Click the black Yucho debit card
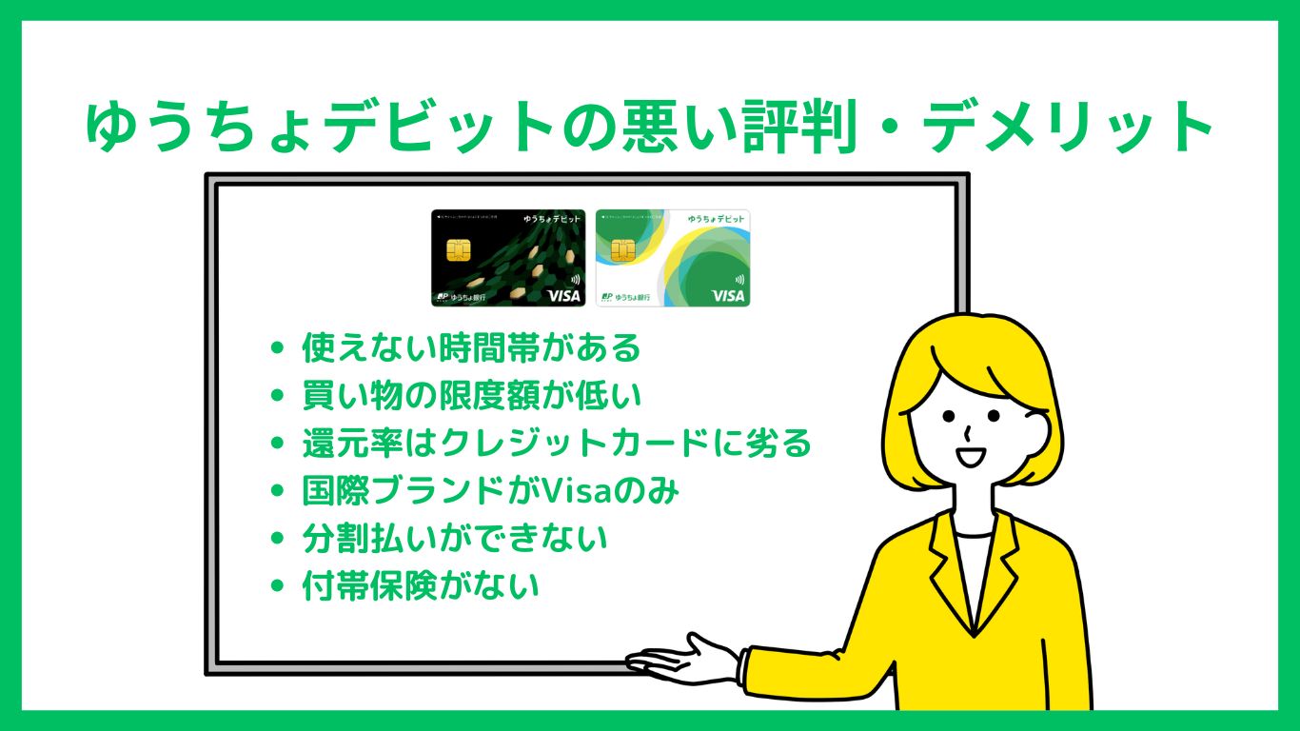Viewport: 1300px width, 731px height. point(508,258)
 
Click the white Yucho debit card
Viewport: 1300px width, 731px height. point(672,258)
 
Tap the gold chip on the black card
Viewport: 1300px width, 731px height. point(458,250)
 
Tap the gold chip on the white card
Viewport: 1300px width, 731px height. point(623,250)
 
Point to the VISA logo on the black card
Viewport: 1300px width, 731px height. point(563,296)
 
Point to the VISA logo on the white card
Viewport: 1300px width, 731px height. point(728,296)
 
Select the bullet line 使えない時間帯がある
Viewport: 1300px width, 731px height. point(471,348)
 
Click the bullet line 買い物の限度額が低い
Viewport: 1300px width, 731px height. point(458,395)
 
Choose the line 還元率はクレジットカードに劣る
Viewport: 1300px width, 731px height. point(556,444)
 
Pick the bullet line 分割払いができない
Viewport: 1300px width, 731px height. point(454,539)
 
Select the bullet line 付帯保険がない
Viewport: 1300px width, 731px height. point(420,585)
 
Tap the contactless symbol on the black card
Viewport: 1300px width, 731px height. point(574,280)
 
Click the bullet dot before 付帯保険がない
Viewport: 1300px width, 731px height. point(278,586)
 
